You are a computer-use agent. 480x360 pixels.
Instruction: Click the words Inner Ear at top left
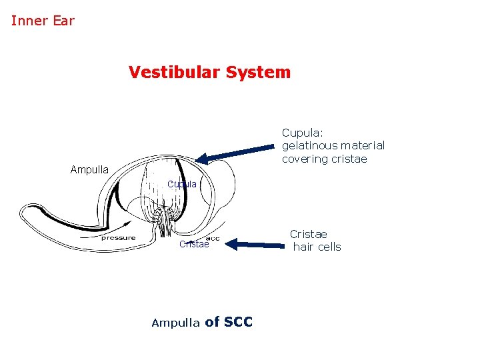coord(43,21)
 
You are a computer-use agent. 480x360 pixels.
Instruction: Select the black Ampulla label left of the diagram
coord(89,170)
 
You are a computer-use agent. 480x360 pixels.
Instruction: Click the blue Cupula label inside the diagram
coord(181,184)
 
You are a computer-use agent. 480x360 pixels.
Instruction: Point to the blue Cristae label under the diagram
coord(194,245)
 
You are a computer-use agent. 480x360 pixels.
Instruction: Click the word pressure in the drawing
coord(118,238)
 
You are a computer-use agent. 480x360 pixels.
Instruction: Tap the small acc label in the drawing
coord(213,238)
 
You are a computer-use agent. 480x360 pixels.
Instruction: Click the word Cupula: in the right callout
coord(302,132)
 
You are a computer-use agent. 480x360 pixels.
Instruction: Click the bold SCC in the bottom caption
coord(238,322)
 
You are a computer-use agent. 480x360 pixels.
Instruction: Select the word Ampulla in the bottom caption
coord(175,323)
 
